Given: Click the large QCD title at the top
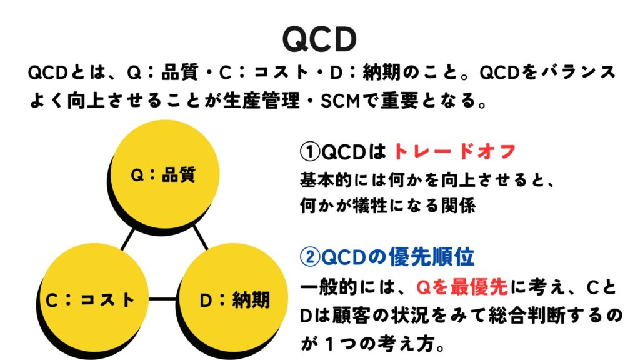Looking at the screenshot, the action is [x=319, y=39].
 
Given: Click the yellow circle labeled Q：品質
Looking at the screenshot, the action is [x=165, y=174].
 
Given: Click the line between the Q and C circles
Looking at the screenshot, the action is [x=127, y=239].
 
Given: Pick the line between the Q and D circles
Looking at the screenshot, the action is [x=201, y=237].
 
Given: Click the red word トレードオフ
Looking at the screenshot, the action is [x=455, y=151].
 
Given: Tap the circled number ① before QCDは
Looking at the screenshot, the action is [x=310, y=152].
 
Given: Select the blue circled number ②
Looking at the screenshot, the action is [x=310, y=257].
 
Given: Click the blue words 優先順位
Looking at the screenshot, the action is [x=432, y=257].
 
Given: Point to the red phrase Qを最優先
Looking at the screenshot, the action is [x=462, y=287].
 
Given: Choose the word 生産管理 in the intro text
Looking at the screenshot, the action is [x=261, y=101].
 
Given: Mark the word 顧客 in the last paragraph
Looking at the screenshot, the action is [x=346, y=316].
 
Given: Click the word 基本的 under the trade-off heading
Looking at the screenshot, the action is [x=326, y=179].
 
